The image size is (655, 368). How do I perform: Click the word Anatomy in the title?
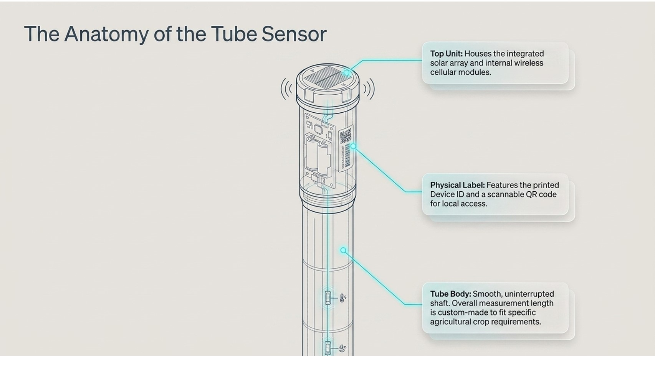coord(106,34)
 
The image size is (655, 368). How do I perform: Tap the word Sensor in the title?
coord(294,34)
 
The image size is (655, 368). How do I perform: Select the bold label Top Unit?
coord(446,54)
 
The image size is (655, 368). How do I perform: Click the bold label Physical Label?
coord(457,185)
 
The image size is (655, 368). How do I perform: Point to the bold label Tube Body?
coord(450,294)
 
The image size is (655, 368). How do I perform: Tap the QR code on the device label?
coord(345,136)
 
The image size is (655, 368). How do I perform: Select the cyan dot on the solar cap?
coord(346,72)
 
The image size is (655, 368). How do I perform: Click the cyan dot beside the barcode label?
coord(353,146)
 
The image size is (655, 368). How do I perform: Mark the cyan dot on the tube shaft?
coord(343,250)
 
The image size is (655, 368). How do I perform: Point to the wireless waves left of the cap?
coord(286,89)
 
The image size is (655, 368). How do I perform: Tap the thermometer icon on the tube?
coord(342,298)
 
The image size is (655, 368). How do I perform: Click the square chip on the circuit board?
coord(318,129)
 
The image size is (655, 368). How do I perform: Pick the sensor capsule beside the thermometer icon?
coord(328,298)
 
